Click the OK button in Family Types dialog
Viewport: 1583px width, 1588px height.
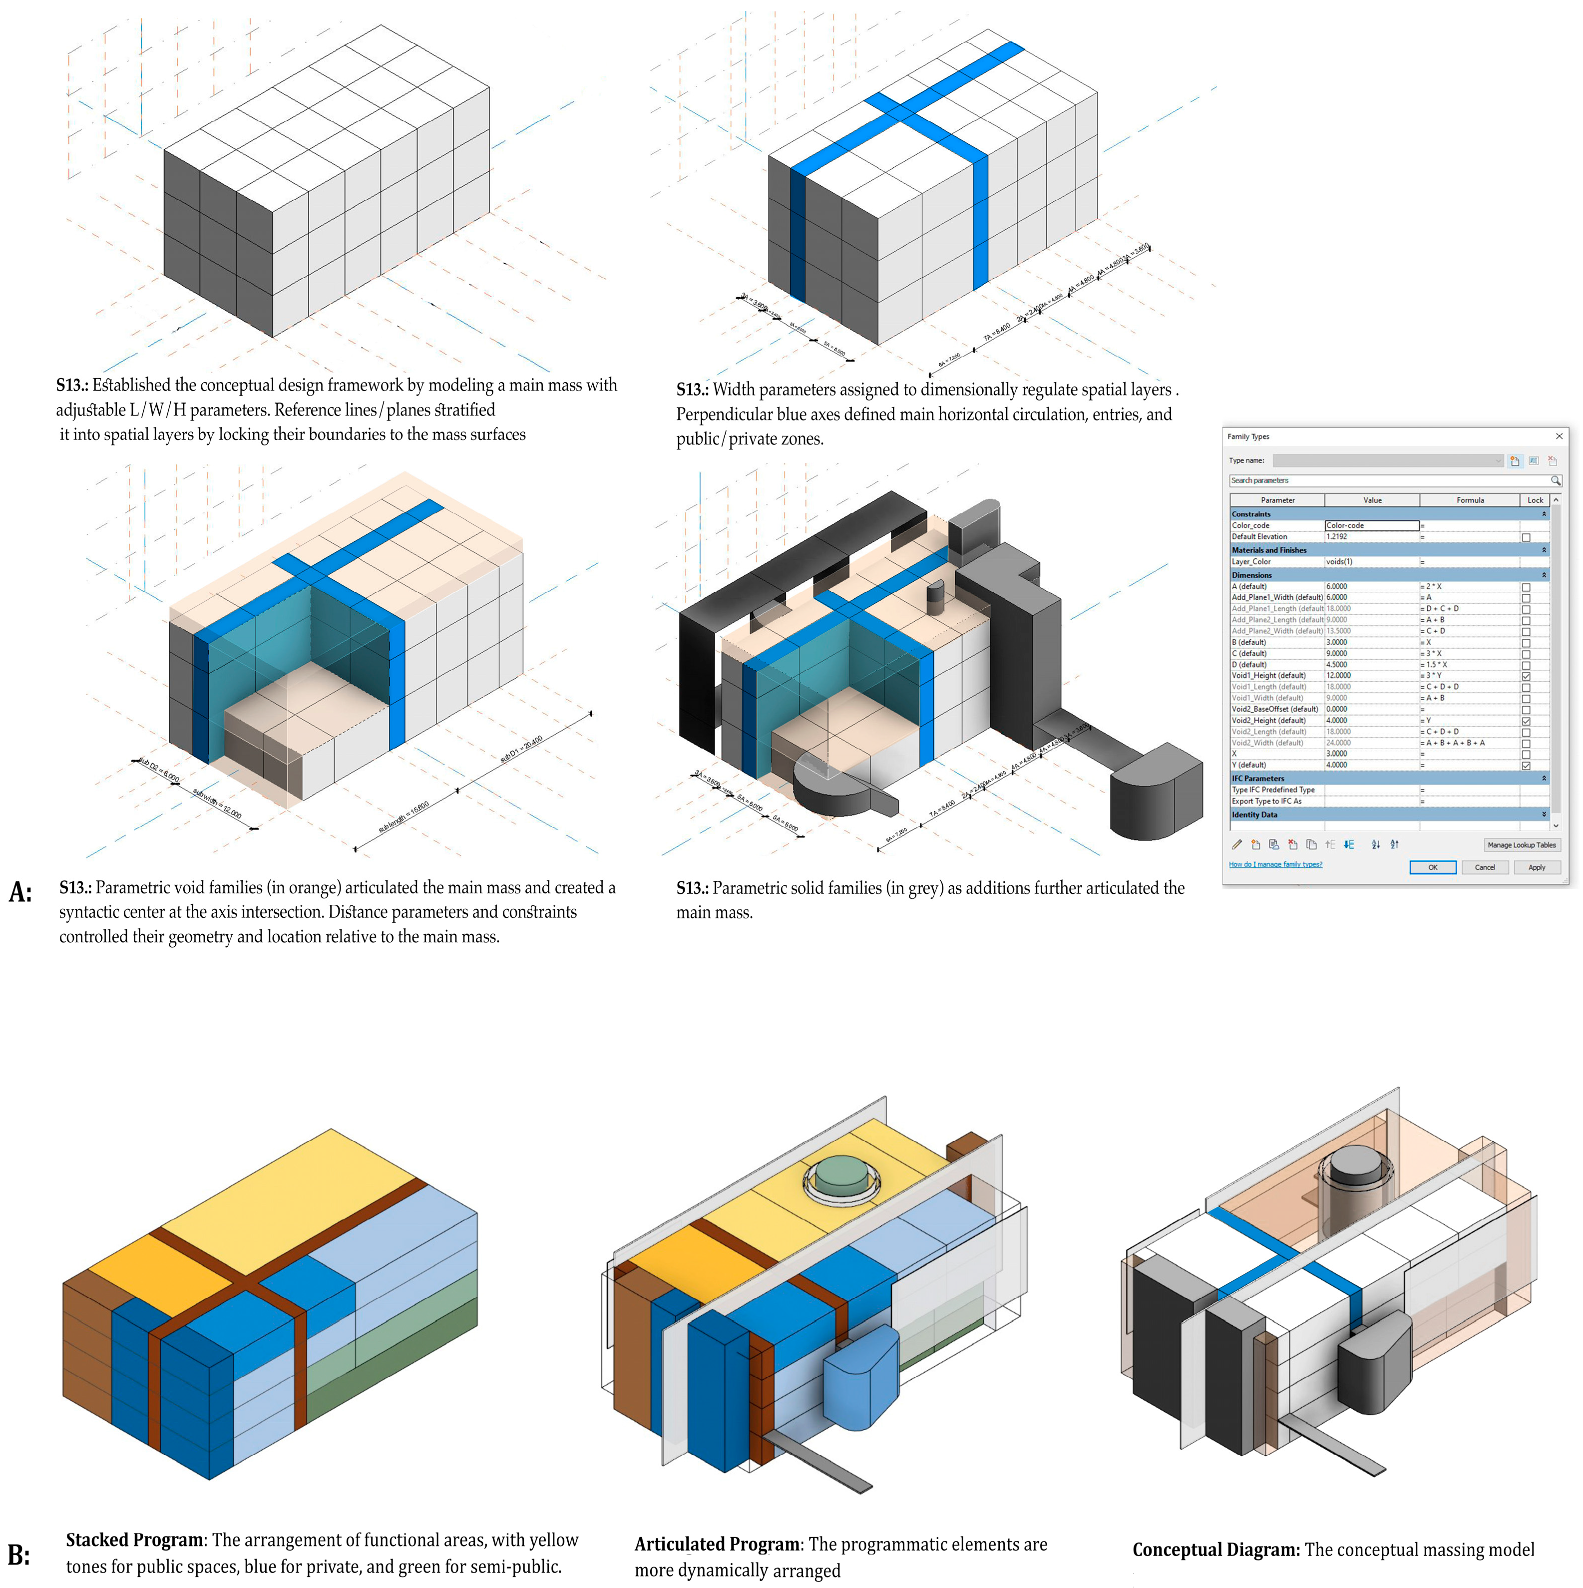[1432, 867]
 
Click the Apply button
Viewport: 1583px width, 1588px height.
[1536, 867]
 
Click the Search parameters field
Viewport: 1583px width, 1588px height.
[1389, 480]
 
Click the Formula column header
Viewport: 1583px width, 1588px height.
[1470, 500]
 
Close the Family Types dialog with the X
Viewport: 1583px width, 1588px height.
[1559, 436]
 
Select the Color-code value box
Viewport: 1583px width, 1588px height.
[1371, 525]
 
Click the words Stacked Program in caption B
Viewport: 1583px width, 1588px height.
[134, 1540]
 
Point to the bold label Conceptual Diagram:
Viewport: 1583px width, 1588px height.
[1215, 1550]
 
